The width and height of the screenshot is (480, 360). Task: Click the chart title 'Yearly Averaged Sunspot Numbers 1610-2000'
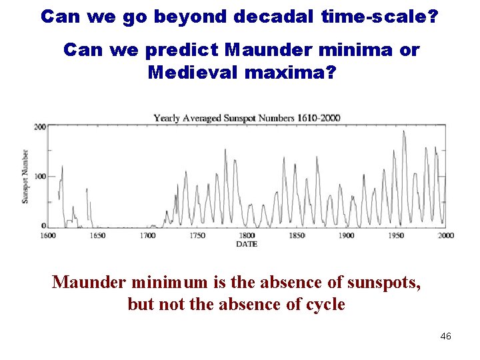click(x=247, y=118)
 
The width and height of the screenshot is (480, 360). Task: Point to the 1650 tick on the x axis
click(x=98, y=235)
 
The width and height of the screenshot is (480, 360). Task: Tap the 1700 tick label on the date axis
click(x=147, y=235)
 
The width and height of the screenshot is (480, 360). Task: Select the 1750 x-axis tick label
click(x=197, y=235)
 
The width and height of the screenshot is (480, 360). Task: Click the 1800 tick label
click(x=247, y=235)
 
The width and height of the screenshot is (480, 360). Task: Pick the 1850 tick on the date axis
click(x=297, y=235)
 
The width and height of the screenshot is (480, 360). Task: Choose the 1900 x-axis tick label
click(x=346, y=235)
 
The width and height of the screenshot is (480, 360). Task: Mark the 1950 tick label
click(x=396, y=235)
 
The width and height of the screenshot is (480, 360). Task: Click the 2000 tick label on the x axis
click(x=445, y=235)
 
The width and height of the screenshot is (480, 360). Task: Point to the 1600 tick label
click(x=49, y=235)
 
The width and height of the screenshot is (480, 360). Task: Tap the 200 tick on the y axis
click(x=40, y=127)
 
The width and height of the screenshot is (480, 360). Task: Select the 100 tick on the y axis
click(x=40, y=177)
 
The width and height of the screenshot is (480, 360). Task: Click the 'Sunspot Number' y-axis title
click(x=25, y=176)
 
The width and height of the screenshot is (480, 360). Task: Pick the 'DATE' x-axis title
click(x=247, y=244)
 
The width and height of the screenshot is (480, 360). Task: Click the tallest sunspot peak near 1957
click(x=403, y=131)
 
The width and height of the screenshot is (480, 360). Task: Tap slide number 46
click(x=446, y=336)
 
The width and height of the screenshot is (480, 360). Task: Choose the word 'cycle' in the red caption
click(x=323, y=305)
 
